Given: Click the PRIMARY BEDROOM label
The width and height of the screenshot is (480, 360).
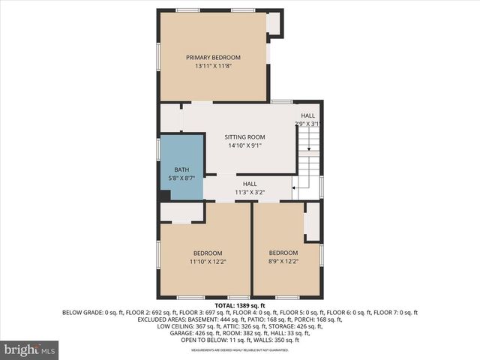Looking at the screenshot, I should [x=213, y=58].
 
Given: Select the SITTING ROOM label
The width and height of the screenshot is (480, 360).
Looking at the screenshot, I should [x=245, y=137].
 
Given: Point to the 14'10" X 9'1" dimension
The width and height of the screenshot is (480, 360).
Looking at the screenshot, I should [x=245, y=146].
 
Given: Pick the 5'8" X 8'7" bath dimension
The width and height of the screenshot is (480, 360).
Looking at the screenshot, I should [x=181, y=178].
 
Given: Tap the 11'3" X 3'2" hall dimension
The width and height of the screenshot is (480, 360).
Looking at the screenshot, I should [x=250, y=193].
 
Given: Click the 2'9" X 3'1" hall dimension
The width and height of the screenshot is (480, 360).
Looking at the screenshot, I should [x=307, y=124].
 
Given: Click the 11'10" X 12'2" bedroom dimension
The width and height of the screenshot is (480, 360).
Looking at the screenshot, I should [x=208, y=262].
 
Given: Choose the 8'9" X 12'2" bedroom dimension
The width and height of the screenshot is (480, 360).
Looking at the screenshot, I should [x=283, y=262].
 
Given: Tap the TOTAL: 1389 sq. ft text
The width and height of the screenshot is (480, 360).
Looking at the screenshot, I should [x=240, y=306].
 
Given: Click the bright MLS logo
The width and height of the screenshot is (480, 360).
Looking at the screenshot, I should [x=30, y=349].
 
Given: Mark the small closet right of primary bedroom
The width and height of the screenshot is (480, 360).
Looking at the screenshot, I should [x=274, y=23].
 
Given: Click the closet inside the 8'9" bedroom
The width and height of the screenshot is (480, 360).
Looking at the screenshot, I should [x=311, y=222].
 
